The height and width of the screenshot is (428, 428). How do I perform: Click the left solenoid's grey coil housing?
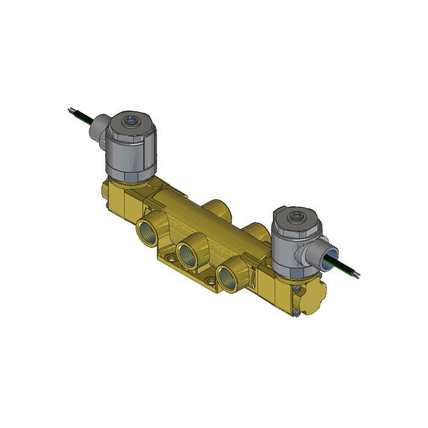coord(129,153)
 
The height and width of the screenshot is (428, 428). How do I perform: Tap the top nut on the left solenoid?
coord(129,122)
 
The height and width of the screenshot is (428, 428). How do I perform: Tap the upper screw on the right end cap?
coord(298,289)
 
